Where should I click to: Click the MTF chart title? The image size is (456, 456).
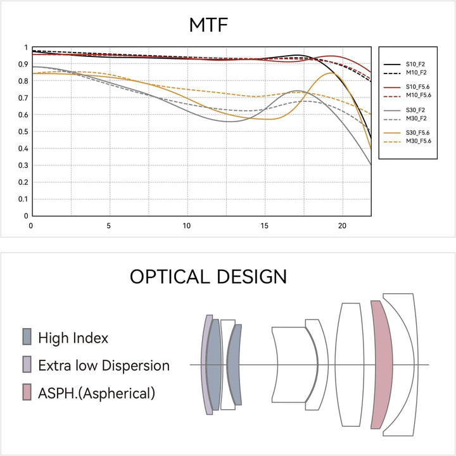(208, 25)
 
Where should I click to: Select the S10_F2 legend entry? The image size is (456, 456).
(404, 64)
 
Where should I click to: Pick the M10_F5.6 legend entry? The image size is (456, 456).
(407, 96)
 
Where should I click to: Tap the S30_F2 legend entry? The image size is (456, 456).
(404, 110)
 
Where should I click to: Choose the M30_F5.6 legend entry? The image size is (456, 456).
(407, 141)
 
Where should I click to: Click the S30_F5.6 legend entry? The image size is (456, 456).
(407, 133)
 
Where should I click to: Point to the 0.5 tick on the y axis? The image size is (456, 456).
(23, 132)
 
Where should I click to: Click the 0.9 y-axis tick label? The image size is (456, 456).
(23, 64)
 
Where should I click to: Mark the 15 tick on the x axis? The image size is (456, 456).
(264, 225)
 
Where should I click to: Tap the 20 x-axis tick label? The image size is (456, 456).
(342, 225)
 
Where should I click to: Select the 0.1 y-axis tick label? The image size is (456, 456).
(23, 199)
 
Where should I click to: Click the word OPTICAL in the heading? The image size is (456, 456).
(170, 277)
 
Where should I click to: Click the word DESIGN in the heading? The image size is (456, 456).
(252, 277)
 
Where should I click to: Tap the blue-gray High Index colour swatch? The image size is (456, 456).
(27, 337)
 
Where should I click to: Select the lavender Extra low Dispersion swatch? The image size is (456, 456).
(27, 364)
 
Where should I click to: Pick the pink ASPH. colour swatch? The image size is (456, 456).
(27, 392)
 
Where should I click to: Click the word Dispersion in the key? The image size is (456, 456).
(136, 365)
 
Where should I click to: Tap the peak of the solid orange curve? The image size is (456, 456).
(331, 73)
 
